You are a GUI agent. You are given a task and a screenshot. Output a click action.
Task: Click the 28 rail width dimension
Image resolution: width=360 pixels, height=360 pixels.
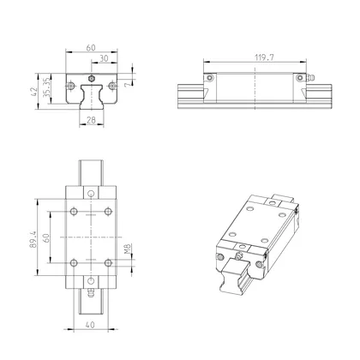tap(91, 122)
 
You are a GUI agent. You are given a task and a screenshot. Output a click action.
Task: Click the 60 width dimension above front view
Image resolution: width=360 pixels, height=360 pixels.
tap(90, 49)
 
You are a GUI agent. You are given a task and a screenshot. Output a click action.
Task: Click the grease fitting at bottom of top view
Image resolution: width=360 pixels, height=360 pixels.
tap(90, 290)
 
